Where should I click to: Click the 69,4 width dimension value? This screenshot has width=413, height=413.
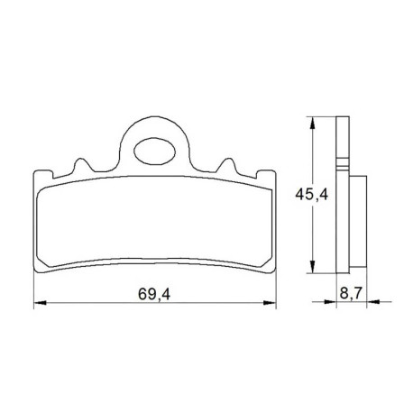(154, 294)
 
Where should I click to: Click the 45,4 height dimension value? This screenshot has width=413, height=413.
(312, 195)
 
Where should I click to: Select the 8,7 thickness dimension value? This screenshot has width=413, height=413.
(351, 293)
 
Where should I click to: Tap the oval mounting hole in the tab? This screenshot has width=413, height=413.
(154, 151)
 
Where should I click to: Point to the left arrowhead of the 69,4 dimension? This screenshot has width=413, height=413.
(40, 303)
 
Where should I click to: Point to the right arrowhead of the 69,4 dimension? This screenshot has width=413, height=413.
(270, 303)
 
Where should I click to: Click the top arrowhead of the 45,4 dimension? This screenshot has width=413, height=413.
(313, 123)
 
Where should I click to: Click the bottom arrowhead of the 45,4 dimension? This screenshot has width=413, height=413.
(313, 267)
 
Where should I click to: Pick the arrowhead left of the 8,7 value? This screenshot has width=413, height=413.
(330, 301)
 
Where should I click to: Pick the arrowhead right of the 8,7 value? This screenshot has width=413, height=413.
(373, 301)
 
